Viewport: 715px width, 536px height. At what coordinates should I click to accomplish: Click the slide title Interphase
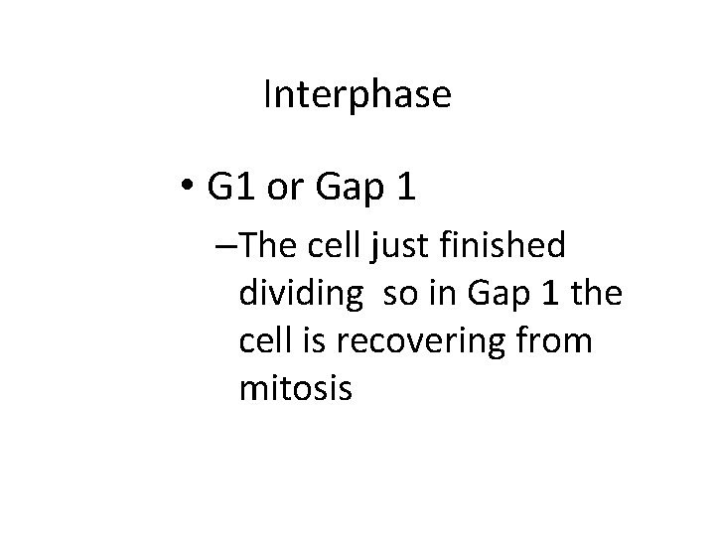(357, 95)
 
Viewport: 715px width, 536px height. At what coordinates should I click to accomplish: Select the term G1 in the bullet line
(232, 189)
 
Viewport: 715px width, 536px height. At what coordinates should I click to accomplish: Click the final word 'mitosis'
(295, 389)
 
